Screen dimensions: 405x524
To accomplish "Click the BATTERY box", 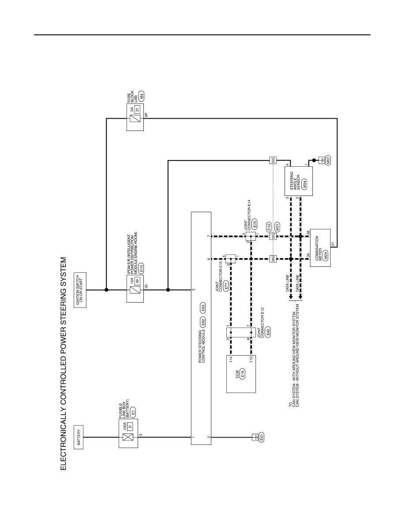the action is [x=79, y=437].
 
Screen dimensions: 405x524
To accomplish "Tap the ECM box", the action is [x=241, y=374].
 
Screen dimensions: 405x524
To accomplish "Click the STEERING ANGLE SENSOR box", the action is [x=298, y=181].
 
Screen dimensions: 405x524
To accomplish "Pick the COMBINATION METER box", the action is [x=320, y=247].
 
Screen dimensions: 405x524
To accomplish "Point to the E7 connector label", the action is [x=133, y=413].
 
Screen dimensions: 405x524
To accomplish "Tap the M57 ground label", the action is [x=328, y=160].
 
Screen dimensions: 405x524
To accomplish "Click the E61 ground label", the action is [x=261, y=437].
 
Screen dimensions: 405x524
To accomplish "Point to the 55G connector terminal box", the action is [x=273, y=161].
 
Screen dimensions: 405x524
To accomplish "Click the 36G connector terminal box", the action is [x=273, y=258].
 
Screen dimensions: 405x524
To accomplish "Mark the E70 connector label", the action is [x=255, y=224].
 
